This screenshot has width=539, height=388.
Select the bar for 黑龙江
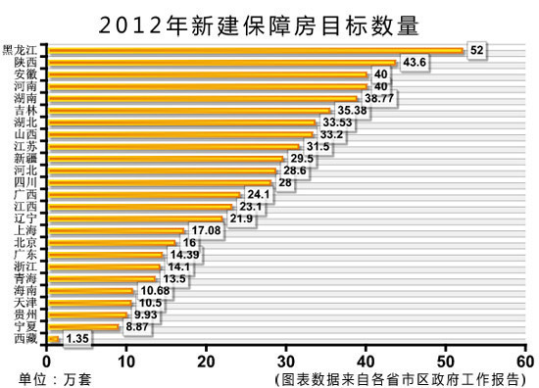255,50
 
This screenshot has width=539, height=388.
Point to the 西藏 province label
27,338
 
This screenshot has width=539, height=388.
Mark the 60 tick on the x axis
525,360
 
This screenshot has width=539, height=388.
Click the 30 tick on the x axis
286,360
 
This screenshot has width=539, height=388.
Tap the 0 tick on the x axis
47,360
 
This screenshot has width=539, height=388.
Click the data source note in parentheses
402,377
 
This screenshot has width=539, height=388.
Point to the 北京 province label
27,242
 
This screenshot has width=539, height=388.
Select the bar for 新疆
166,158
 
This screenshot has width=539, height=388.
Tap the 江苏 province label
27,146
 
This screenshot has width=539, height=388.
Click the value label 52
477,50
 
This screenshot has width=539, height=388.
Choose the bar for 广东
105,254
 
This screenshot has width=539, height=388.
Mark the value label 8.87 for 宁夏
137,326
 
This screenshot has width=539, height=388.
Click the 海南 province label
27,290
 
